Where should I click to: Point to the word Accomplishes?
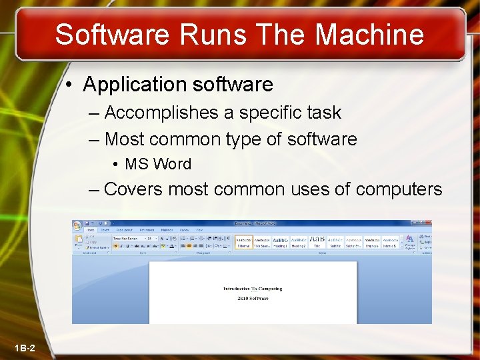(162, 113)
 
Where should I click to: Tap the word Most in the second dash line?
(125, 139)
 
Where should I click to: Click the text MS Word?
(158, 164)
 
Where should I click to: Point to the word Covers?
(133, 189)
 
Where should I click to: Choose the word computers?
(399, 189)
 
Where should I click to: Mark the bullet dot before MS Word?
(116, 165)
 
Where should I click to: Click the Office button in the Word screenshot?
(77, 226)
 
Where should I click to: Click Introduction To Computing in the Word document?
(253, 289)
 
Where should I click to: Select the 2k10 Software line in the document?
(253, 298)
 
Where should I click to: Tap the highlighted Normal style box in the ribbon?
(244, 241)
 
